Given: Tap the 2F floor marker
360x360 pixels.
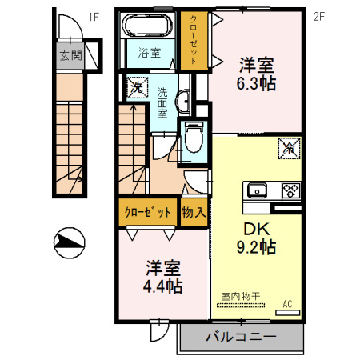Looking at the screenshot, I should pos(319,15).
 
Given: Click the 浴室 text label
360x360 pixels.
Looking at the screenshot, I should pos(148,54).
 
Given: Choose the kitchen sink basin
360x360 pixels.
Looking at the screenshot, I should pos(258,191).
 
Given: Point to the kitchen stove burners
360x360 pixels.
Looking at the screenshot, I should pos(290,190).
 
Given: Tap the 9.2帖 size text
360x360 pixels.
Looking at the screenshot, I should pos(256,248).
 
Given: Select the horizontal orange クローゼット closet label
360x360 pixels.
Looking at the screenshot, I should pos(148,213).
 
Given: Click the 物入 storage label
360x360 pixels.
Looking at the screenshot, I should pos(194,213).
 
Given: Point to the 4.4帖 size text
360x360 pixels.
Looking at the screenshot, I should pos(163,285).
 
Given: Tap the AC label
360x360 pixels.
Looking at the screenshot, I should pos(288,304).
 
